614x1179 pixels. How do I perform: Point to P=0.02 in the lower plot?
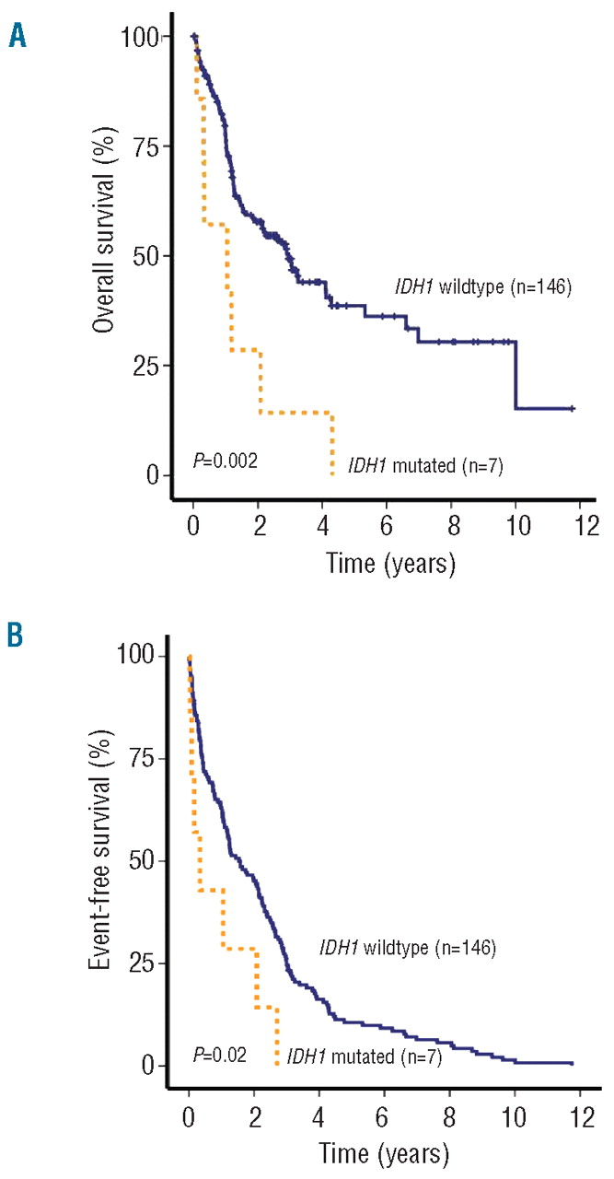tap(219, 1056)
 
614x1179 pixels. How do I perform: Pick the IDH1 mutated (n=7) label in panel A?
tap(425, 465)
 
